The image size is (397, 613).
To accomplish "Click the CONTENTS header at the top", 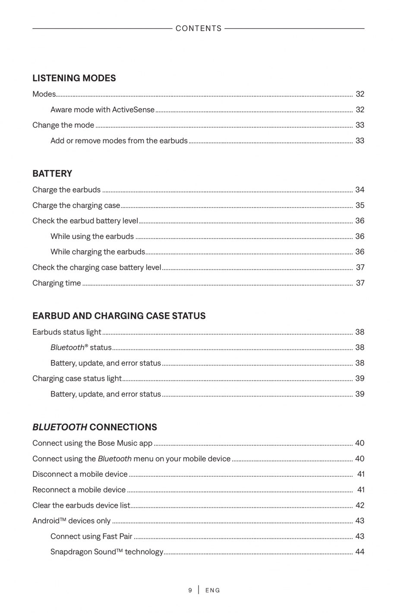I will click(x=198, y=28).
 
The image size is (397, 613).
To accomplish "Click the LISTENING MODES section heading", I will click(x=74, y=78).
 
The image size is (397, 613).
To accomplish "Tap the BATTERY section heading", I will click(x=52, y=173).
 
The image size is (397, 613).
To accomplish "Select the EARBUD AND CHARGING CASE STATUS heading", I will click(x=119, y=316).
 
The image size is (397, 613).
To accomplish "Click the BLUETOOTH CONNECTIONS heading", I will click(x=95, y=427).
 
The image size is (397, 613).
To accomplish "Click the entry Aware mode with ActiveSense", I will click(x=102, y=110).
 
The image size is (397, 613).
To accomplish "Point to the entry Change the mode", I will click(x=63, y=125).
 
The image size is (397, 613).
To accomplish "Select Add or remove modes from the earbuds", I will click(x=119, y=141).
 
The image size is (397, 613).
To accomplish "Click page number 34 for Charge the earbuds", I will click(x=359, y=190).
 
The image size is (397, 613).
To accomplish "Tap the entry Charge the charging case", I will click(x=76, y=205).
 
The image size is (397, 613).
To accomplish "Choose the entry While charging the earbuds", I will click(x=98, y=252).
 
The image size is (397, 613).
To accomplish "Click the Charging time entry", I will click(x=57, y=283).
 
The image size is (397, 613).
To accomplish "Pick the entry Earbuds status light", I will click(x=66, y=332).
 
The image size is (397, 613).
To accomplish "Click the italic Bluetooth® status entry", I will click(x=81, y=348).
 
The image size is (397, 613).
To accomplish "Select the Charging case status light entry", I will click(x=77, y=379).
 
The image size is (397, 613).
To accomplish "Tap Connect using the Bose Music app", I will click(x=92, y=443).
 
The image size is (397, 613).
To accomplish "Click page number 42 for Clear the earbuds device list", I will click(x=359, y=505).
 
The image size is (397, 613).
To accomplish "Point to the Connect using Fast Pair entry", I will click(x=91, y=536).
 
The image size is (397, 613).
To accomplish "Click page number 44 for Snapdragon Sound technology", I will click(x=359, y=552).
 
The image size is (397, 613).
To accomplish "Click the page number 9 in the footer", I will click(x=190, y=590).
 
